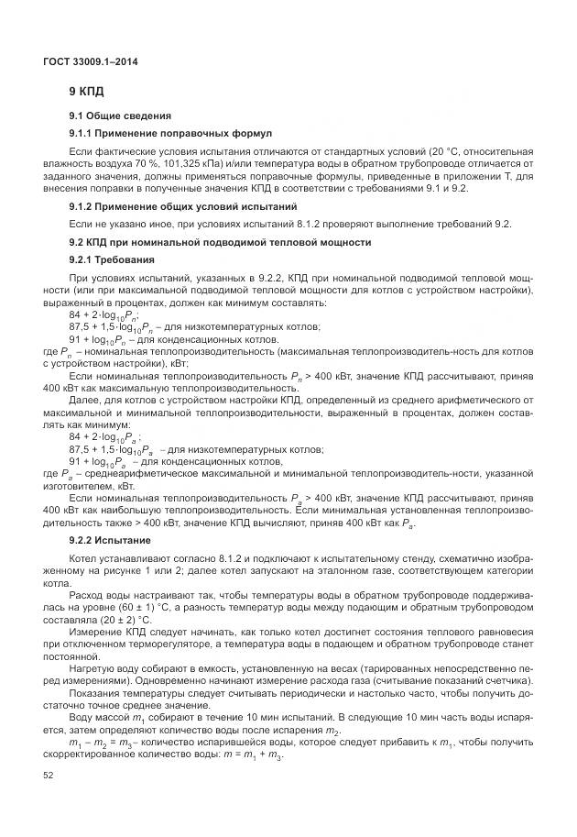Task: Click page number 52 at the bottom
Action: (x=48, y=776)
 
